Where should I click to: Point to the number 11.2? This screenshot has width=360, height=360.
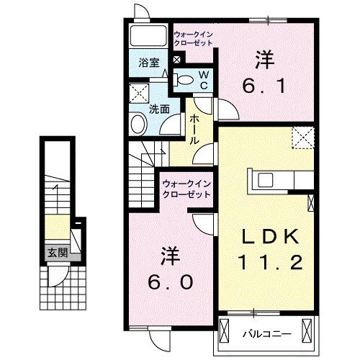point(269,264)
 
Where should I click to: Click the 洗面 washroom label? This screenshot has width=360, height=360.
point(159,109)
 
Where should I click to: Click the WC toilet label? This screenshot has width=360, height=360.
point(204,79)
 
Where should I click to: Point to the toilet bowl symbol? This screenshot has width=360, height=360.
point(184,80)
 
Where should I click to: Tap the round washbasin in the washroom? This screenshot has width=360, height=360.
point(138,125)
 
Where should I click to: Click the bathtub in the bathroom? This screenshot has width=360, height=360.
point(148,36)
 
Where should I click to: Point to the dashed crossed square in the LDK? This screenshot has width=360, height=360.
point(302,136)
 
